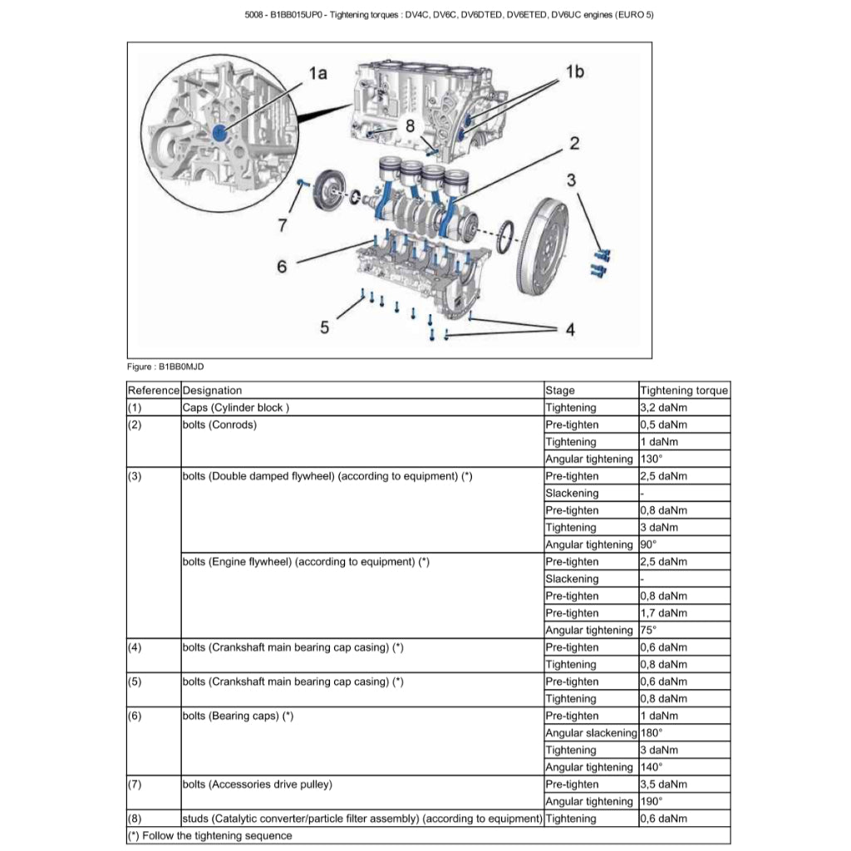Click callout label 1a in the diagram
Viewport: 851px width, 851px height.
[x=317, y=73]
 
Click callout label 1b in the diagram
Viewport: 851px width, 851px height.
[x=574, y=71]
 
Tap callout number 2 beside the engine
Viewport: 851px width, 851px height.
[x=573, y=143]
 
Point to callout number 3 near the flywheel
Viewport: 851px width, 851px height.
[x=572, y=180]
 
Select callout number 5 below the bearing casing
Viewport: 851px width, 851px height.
[x=324, y=327]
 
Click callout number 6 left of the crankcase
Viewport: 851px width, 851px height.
[x=282, y=266]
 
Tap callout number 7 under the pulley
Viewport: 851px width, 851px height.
[x=283, y=224]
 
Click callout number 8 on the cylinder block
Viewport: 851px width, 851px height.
[x=410, y=125]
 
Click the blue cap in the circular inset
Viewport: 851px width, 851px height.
[x=219, y=132]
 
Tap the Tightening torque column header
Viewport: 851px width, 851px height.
[x=684, y=391]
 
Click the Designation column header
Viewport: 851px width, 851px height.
[x=213, y=391]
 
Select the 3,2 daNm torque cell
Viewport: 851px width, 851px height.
[x=663, y=408]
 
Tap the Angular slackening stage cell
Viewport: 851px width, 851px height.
[x=590, y=733]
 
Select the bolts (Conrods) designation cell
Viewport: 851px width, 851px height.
[x=219, y=425]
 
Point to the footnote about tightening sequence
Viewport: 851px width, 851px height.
[x=210, y=835]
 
